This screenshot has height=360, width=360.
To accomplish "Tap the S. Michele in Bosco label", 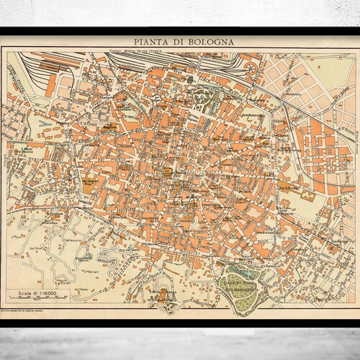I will pos(160,292).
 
